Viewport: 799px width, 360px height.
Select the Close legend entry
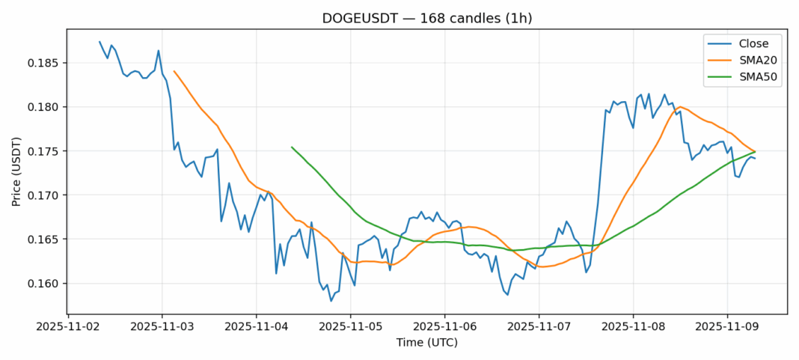749,43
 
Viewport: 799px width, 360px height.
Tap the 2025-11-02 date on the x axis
68,327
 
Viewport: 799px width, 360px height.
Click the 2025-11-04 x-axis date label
256,327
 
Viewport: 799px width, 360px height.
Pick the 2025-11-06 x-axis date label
444,327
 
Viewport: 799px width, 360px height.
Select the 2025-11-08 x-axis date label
633,327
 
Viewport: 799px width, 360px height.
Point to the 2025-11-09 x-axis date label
727,327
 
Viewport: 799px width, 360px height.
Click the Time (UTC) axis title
427,343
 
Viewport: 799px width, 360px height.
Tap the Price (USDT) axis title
16,171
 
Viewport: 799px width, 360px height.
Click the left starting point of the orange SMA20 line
174,71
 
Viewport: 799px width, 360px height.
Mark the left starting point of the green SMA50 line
292,147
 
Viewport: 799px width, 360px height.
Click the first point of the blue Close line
100,42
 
